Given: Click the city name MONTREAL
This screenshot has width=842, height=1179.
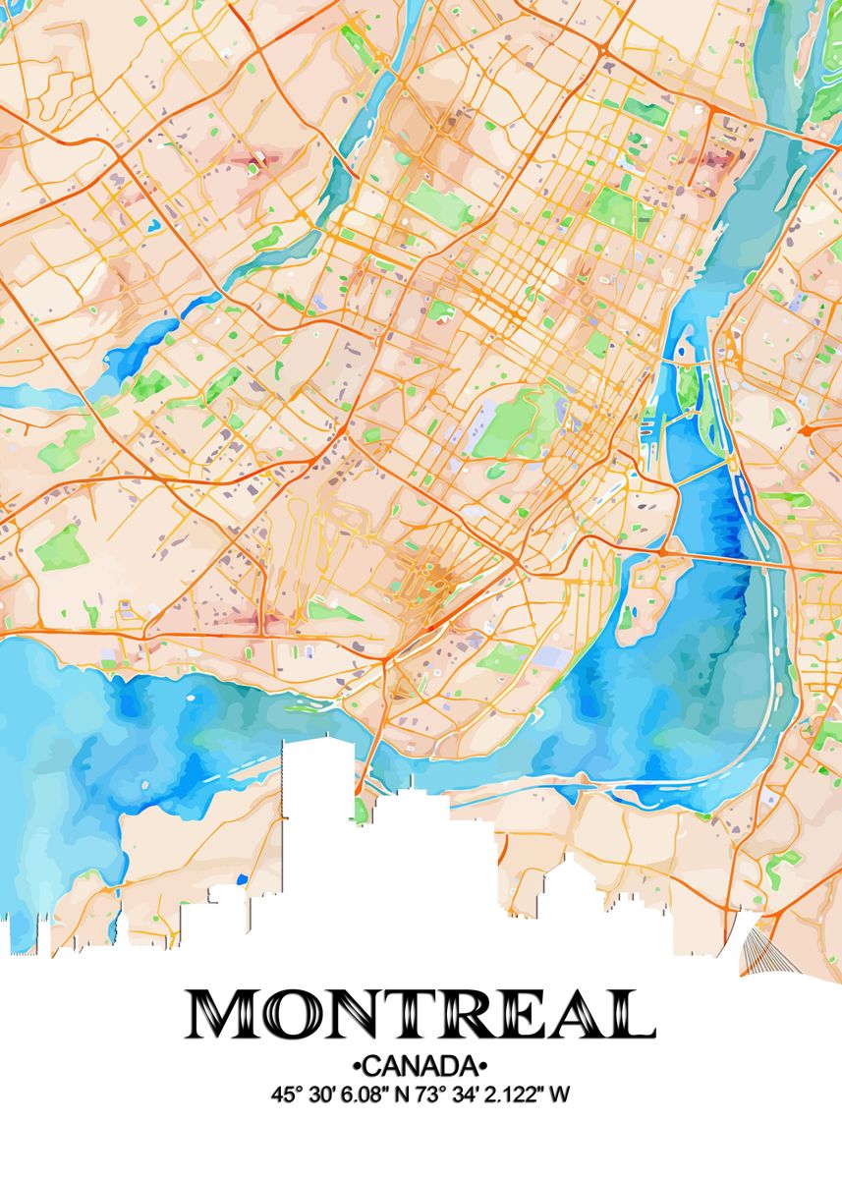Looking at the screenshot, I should (x=421, y=1015).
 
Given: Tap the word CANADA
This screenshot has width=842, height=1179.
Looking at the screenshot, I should (x=421, y=1066).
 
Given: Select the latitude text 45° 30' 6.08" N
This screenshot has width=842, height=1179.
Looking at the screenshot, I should (x=335, y=1094).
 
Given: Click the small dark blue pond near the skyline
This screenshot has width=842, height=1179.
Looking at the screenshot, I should (x=243, y=879).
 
